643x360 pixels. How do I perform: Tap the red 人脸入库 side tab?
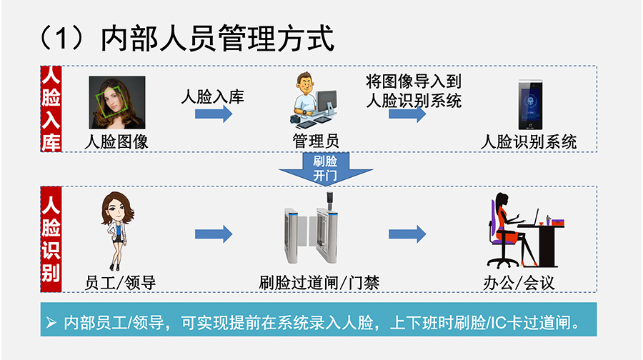51,109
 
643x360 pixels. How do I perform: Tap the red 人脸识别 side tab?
51,239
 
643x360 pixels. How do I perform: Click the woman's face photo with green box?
116,102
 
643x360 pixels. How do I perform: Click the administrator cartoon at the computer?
315,100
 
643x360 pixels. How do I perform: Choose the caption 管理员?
315,141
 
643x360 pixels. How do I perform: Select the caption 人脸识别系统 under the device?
529,141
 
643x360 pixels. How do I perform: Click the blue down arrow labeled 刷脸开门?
325,169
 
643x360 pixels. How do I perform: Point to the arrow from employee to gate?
214,234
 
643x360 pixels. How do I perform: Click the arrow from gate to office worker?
407,234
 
